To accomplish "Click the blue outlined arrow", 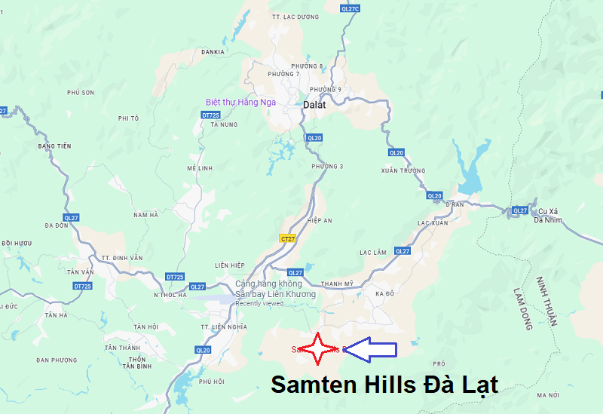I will click(x=369, y=348).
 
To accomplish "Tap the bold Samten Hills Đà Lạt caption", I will click(x=384, y=385).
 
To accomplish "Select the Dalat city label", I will click(x=314, y=105).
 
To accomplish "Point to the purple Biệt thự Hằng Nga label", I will click(x=240, y=102).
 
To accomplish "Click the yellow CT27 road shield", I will click(x=287, y=238).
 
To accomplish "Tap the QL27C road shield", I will click(x=350, y=8).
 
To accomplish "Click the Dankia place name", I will click(x=213, y=52).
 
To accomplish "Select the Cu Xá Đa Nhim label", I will click(x=549, y=215).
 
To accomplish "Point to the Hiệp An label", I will click(x=320, y=220).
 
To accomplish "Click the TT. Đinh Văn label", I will click(x=122, y=258).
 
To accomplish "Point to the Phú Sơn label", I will click(x=80, y=92).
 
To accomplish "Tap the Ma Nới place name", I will click(x=547, y=395).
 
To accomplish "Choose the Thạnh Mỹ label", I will click(x=337, y=284).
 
